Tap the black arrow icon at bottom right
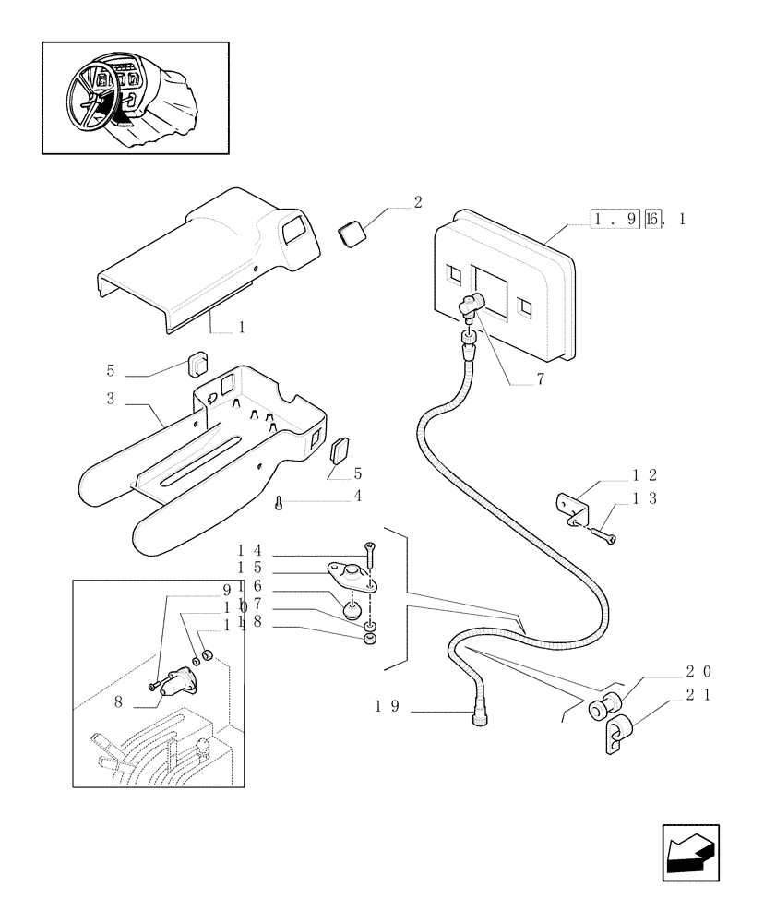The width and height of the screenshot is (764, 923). [690, 853]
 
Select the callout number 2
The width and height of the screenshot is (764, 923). [418, 202]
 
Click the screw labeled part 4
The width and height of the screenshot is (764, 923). [278, 502]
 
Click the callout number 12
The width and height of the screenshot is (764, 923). [643, 475]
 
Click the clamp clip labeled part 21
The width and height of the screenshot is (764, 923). [616, 735]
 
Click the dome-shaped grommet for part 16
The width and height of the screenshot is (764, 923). [352, 610]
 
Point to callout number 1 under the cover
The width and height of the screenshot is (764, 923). [241, 327]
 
